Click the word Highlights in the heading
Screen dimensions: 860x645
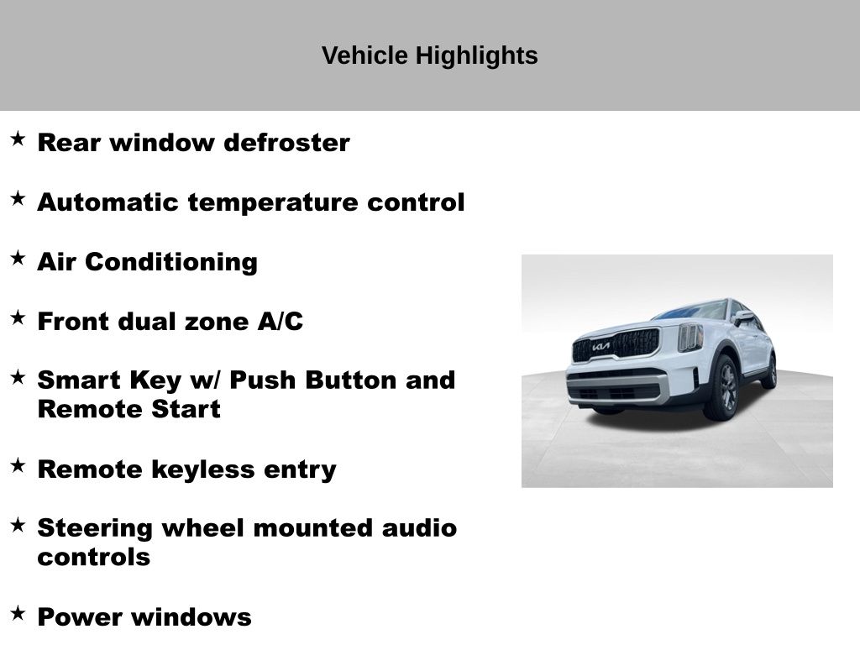[476, 56]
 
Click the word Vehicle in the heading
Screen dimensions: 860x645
[364, 55]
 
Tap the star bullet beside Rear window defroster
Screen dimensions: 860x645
[18, 139]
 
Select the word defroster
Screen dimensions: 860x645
[287, 143]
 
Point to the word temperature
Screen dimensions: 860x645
[273, 202]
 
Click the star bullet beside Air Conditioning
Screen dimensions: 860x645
[18, 258]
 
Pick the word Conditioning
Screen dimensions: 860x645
[171, 262]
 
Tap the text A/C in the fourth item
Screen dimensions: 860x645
[280, 322]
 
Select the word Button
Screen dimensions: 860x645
[350, 380]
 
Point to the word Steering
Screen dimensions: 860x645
[95, 529]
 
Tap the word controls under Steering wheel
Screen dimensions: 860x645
[94, 558]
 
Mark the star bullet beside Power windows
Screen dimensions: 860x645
[18, 612]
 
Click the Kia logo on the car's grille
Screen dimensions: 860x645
[600, 347]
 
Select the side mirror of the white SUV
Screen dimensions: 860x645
[743, 317]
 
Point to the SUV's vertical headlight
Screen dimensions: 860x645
[690, 338]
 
